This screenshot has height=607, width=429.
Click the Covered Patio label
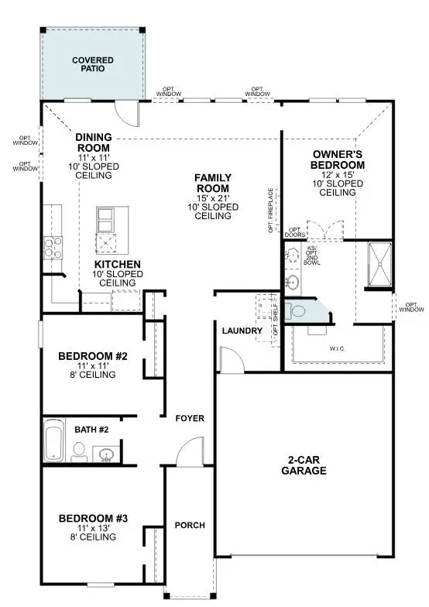(x=93, y=63)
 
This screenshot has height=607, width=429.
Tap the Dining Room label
(x=94, y=142)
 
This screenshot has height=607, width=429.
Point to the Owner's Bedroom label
(x=337, y=159)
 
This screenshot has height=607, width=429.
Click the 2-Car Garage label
(x=304, y=465)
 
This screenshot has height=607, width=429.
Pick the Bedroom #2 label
(x=87, y=357)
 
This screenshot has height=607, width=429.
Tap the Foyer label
(x=190, y=418)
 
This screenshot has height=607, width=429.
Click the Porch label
(x=190, y=525)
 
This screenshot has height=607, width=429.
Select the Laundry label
(x=239, y=331)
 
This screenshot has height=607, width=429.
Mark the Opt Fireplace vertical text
(x=271, y=209)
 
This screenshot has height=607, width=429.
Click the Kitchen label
(x=118, y=264)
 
